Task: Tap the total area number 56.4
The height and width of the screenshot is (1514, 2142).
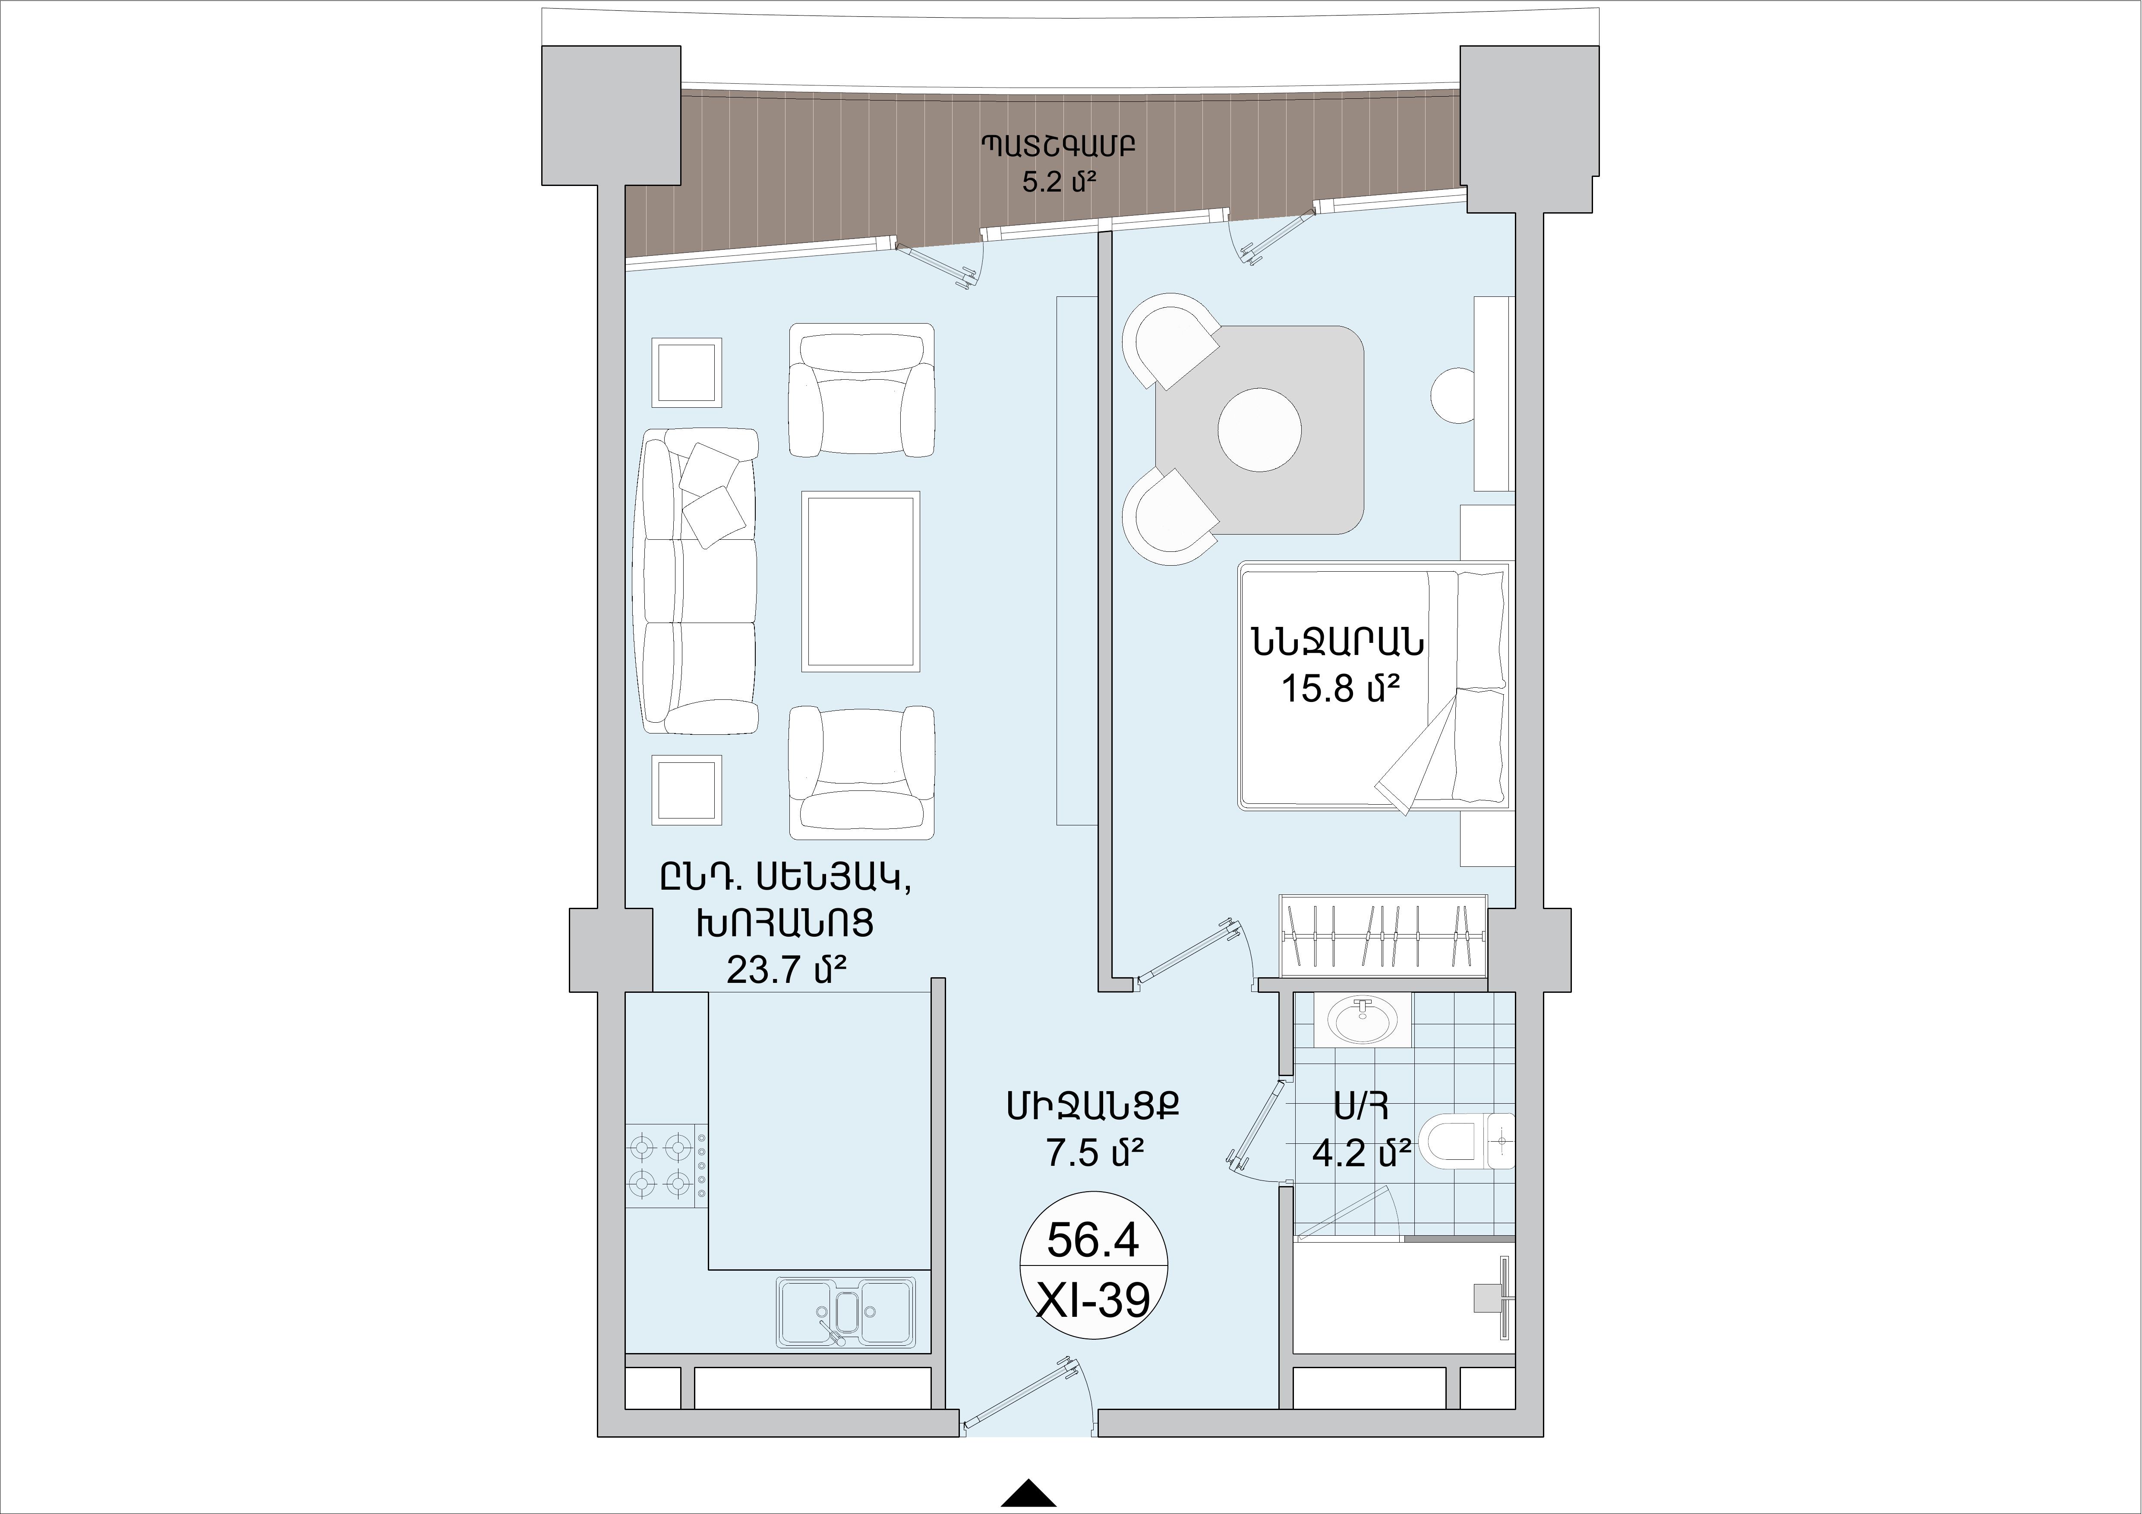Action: [x=1093, y=1240]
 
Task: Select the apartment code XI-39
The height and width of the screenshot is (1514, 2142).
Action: [x=1093, y=1300]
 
